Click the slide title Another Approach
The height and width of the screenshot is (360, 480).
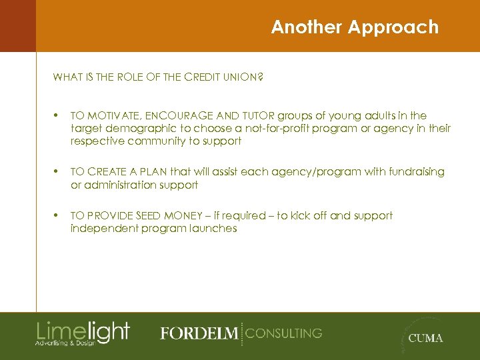click(x=355, y=27)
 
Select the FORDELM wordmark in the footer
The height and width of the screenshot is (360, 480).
click(x=199, y=333)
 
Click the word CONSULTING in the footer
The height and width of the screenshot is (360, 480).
click(x=284, y=333)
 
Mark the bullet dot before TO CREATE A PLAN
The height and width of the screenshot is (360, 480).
click(x=57, y=172)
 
